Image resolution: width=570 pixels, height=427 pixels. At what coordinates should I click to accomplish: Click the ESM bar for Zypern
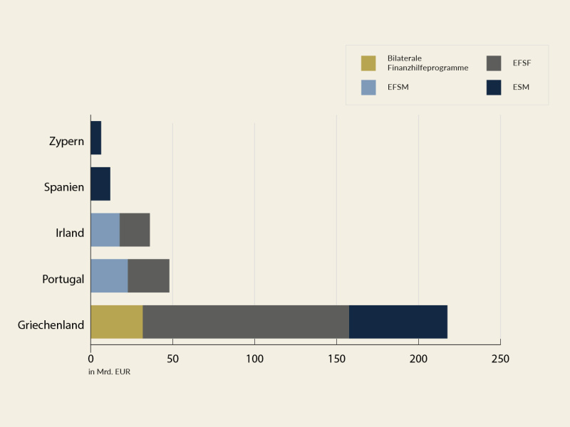tap(95, 137)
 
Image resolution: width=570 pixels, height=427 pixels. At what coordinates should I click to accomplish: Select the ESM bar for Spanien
tap(100, 184)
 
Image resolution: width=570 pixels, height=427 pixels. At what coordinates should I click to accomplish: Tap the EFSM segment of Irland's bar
tap(105, 230)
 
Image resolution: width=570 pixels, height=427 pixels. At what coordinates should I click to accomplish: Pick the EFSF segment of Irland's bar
tap(135, 230)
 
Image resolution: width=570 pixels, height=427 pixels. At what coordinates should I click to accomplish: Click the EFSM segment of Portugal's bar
tap(109, 275)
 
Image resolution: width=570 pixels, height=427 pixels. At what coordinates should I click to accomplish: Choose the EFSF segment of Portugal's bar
tap(149, 275)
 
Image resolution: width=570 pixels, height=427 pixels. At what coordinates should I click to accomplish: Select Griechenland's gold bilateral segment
tap(117, 322)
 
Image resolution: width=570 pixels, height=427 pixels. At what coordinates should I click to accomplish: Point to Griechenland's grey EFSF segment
tap(246, 322)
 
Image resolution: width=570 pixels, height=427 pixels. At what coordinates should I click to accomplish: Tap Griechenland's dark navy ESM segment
tap(398, 322)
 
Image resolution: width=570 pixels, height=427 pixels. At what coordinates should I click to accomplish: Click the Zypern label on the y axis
tap(66, 141)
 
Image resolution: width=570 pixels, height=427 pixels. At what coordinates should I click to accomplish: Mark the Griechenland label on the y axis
tap(51, 325)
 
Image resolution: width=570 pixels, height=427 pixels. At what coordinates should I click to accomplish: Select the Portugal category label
tap(63, 279)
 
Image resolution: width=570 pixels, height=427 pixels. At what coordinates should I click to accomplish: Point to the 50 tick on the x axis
tap(172, 359)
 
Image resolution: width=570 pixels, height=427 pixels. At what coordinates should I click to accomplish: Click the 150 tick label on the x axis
tap(336, 359)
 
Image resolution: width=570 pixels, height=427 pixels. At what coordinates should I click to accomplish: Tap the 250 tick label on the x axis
tap(500, 359)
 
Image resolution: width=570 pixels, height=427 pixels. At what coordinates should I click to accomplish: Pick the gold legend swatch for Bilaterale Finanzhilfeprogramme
tap(368, 63)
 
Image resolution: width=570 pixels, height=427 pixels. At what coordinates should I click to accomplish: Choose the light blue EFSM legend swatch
tap(368, 88)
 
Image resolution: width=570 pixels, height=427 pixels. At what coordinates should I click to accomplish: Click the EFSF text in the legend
tap(522, 63)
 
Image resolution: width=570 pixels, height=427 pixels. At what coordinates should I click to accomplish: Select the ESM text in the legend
tap(521, 88)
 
